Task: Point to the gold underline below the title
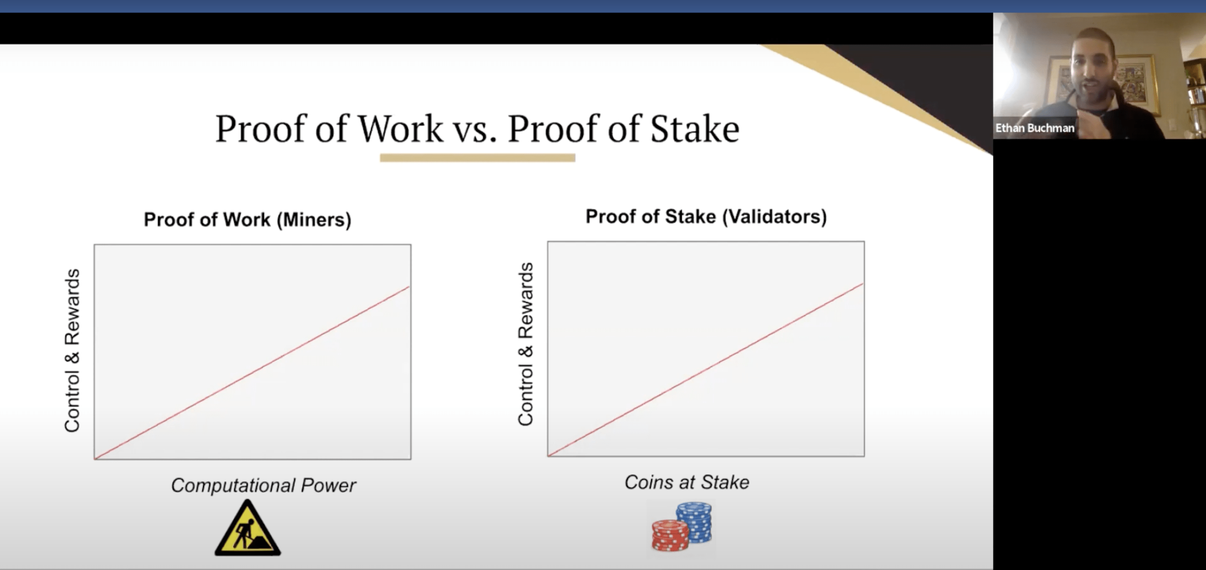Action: point(477,158)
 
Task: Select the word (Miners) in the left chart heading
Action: point(314,219)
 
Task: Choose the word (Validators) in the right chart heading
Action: point(775,216)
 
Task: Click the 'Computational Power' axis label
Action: point(263,486)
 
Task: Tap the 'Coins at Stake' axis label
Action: point(687,482)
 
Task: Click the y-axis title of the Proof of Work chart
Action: point(72,351)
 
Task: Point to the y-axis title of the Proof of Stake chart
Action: point(525,344)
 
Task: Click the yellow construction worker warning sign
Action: point(248,528)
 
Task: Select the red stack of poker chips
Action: point(670,535)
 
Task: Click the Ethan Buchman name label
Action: point(1035,128)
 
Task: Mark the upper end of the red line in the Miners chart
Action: point(409,287)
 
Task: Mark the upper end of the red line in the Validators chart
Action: point(863,284)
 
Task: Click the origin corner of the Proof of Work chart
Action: point(95,458)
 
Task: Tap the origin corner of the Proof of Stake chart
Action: point(548,456)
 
